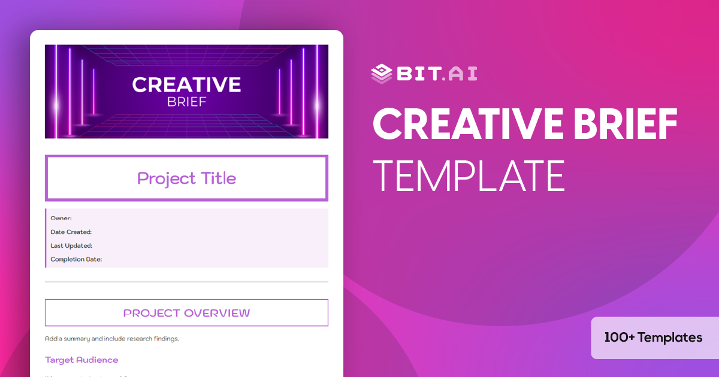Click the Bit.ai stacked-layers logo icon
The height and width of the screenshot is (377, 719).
(x=381, y=73)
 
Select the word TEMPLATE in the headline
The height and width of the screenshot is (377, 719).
(x=469, y=175)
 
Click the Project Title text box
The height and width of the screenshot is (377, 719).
(x=186, y=178)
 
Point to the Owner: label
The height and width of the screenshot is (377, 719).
(x=61, y=218)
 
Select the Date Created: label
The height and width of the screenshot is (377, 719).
(x=71, y=232)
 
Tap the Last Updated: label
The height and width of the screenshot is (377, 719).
(x=71, y=246)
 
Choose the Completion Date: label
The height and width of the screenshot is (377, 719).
(x=76, y=260)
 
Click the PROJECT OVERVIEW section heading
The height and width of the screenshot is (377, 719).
(x=186, y=313)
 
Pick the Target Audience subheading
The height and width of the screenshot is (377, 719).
(x=81, y=360)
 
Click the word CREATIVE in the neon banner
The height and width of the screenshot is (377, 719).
(x=186, y=85)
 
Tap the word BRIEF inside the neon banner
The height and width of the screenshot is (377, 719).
(x=186, y=102)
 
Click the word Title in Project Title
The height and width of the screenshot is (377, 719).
(x=217, y=178)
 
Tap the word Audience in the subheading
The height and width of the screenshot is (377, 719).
(x=98, y=360)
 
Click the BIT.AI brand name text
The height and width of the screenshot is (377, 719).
(x=436, y=73)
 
